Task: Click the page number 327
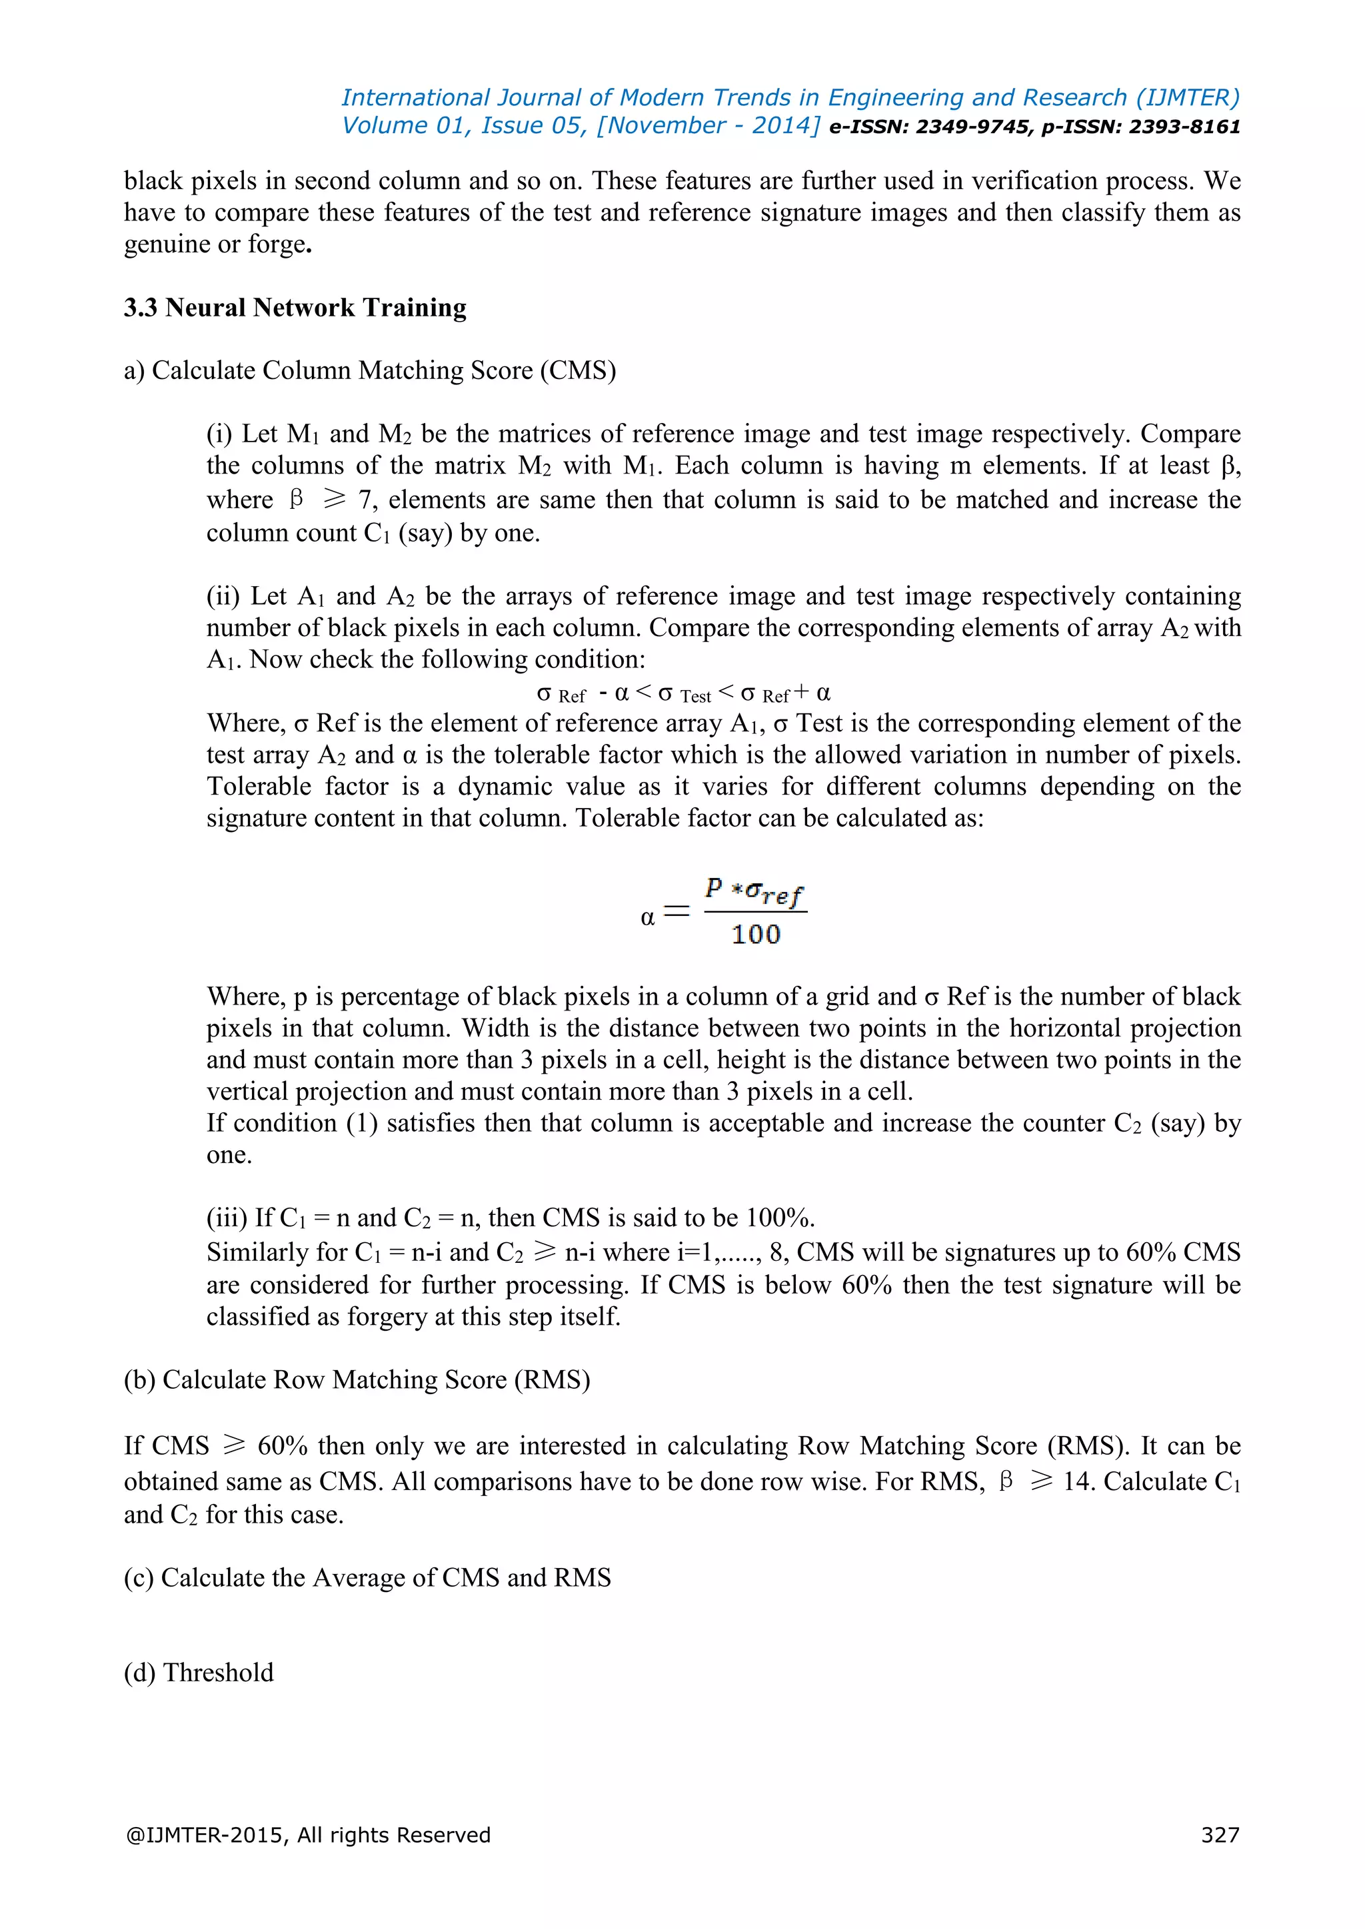1220,1835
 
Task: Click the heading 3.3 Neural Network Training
295,308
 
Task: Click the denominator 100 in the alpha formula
756,935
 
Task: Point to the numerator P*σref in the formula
754,891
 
